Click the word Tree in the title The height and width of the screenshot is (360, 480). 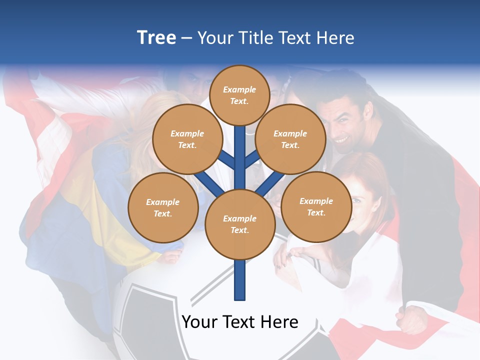[156, 38]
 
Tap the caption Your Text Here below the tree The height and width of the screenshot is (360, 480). [240, 322]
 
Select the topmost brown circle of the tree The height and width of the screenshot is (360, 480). [239, 95]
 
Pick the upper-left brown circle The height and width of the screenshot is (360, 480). [187, 139]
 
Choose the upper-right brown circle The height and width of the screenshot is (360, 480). [290, 139]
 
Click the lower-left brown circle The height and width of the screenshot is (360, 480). [162, 207]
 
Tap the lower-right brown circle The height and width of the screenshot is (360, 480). [316, 206]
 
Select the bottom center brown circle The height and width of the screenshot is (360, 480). [239, 224]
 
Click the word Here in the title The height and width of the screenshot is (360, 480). [334, 38]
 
